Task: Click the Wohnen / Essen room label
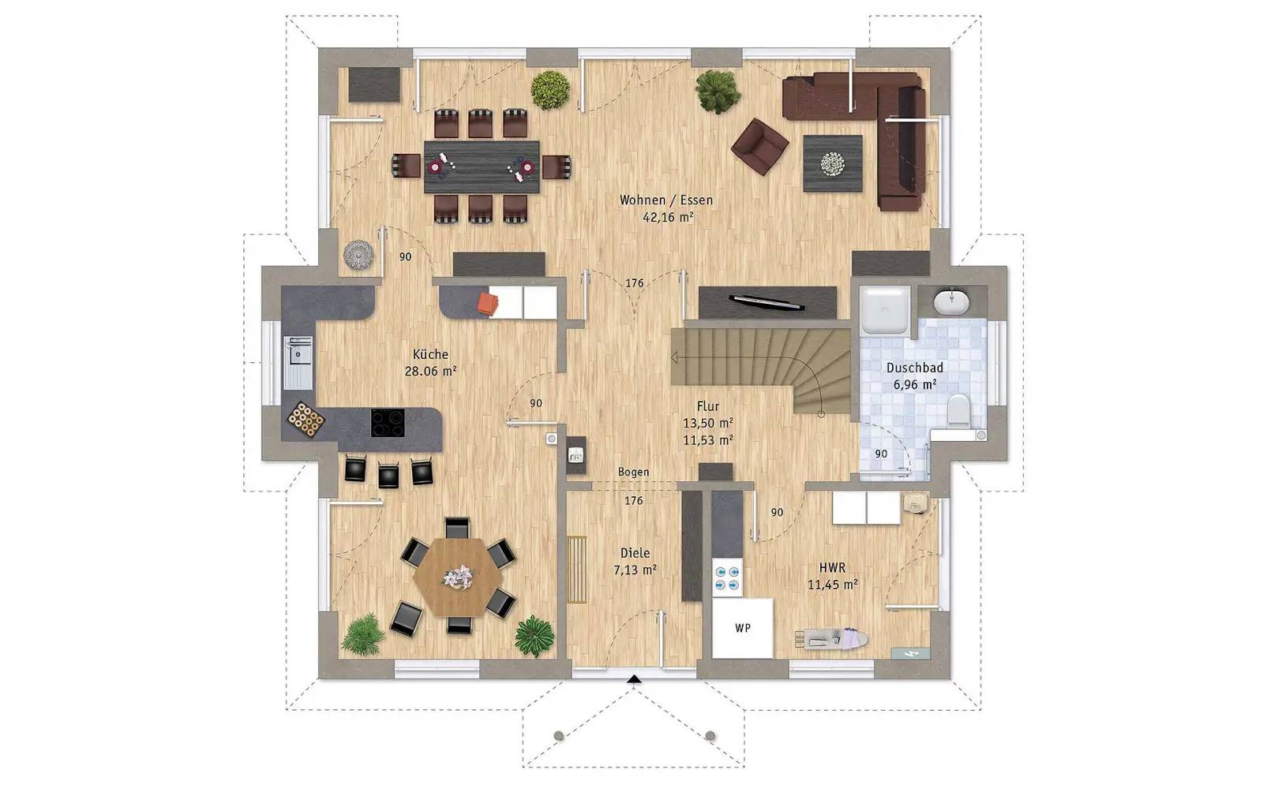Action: tap(666, 200)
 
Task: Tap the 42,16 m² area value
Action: tap(668, 217)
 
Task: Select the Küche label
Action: tap(430, 354)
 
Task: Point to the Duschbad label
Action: tap(915, 368)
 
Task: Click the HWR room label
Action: tap(832, 568)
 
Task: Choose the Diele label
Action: tap(635, 553)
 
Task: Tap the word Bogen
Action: tap(633, 473)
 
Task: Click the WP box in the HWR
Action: tap(742, 628)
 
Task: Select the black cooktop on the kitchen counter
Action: tap(388, 423)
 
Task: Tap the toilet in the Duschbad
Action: tap(958, 409)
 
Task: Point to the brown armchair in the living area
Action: tap(759, 147)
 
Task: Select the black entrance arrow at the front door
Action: tap(635, 679)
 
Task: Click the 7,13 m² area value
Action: tap(635, 570)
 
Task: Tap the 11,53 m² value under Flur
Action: tap(708, 440)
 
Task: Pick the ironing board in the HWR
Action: tap(831, 639)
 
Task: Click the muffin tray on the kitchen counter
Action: tap(305, 420)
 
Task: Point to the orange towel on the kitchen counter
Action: tap(488, 304)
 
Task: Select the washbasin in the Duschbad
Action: tap(951, 302)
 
